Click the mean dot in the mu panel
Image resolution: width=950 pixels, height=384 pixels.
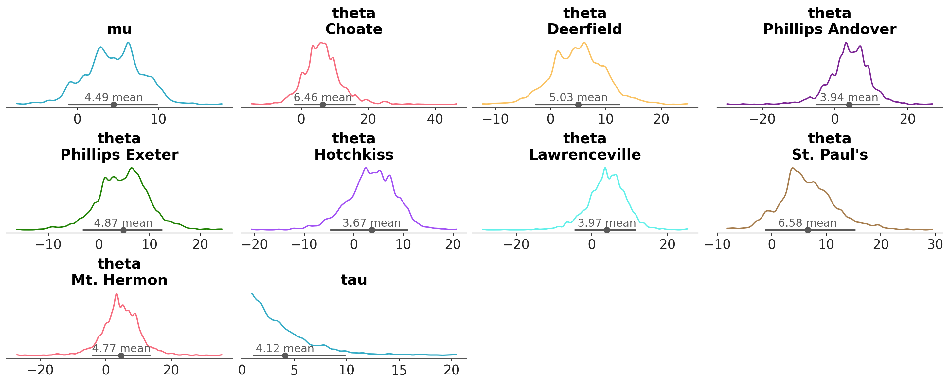coord(114,105)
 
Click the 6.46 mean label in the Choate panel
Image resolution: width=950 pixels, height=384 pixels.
coord(323,98)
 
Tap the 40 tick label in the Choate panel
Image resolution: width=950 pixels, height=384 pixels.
coord(435,119)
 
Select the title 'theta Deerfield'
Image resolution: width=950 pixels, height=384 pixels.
coord(584,21)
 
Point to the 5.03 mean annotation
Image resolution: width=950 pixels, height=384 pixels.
coord(578,98)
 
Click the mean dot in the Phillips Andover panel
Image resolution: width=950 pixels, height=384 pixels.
coord(849,105)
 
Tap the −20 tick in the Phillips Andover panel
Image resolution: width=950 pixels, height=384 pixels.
coord(762,119)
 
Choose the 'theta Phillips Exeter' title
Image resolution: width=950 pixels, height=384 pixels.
coord(119,146)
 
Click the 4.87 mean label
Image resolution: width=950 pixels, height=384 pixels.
coord(123,223)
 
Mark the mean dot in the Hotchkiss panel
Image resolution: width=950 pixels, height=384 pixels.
coord(372,230)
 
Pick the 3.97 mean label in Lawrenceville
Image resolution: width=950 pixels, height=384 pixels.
coord(607,223)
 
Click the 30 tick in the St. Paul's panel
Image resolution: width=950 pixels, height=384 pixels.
coord(935,244)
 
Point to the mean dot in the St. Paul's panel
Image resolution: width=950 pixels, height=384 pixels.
coord(808,230)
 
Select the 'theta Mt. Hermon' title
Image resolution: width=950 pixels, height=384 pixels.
coord(119,272)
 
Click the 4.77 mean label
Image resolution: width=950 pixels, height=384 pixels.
coord(121,348)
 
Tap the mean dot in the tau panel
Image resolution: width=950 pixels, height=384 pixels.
coord(285,355)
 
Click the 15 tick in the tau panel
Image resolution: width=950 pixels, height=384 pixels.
coord(399,370)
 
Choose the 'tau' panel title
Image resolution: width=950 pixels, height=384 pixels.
coord(354,279)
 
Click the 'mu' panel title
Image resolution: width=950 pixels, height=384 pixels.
coord(119,29)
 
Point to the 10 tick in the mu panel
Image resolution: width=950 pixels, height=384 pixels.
coord(158,119)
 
